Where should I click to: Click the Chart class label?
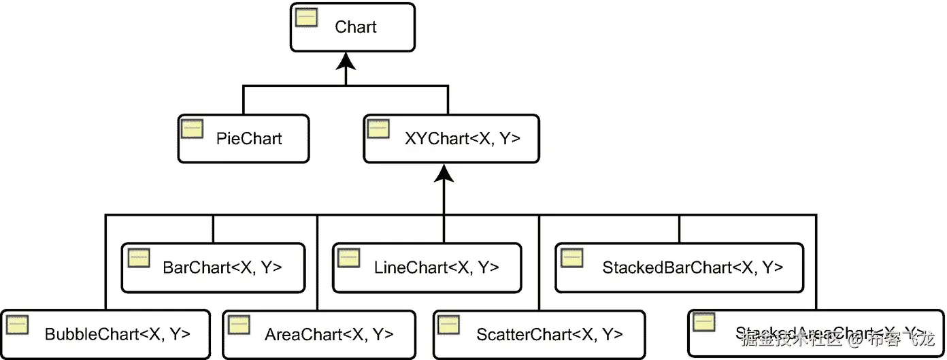[355, 27]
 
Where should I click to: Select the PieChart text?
[249, 139]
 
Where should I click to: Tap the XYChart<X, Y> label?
[462, 139]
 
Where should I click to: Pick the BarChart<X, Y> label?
[223, 267]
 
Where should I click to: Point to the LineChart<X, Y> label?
[436, 267]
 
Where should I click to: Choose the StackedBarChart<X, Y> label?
[693, 267]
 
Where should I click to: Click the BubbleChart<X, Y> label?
[117, 334]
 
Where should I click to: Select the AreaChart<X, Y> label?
[329, 334]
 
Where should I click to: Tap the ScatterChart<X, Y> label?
[550, 334]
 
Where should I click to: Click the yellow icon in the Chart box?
[305, 17]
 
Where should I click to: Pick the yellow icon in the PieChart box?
[193, 128]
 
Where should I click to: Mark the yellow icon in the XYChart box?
[378, 128]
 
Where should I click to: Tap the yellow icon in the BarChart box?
[138, 257]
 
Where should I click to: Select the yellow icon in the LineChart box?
[348, 257]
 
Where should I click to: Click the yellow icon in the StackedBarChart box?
[572, 257]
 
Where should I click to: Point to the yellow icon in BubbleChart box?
[17, 325]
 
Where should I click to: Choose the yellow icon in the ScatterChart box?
[449, 325]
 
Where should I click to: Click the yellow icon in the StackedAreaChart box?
[703, 322]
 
